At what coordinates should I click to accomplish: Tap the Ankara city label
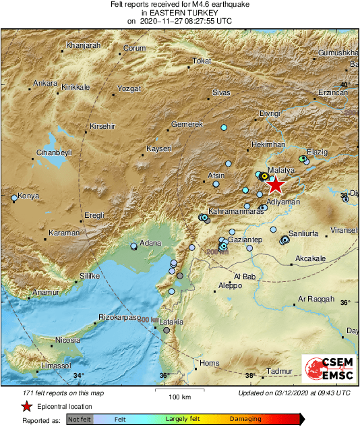[x=45, y=84]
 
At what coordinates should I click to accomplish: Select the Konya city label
[x=28, y=196]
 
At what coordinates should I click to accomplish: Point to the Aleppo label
[x=231, y=286]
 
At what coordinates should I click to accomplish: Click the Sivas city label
[x=221, y=91]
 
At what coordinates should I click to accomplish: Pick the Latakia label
[x=171, y=322]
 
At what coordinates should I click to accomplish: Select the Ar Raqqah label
[x=316, y=299]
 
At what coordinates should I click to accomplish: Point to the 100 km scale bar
[x=178, y=390]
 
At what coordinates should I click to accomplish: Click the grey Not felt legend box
[x=80, y=420]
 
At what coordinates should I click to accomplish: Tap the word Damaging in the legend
[x=245, y=420]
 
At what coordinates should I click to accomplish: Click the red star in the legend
[x=26, y=406]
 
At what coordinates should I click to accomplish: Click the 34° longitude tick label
[x=79, y=376]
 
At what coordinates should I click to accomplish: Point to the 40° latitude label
[x=344, y=84]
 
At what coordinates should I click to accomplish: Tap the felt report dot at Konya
[x=14, y=198]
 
